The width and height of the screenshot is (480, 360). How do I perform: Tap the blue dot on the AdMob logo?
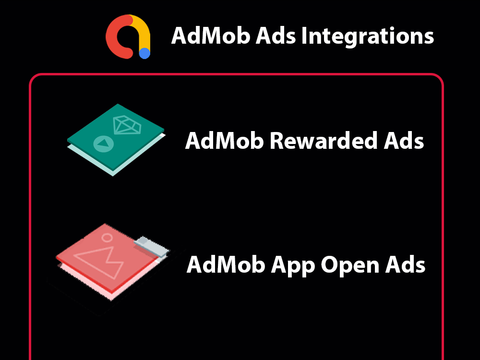(x=144, y=53)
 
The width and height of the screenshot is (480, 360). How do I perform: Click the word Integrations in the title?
(x=367, y=36)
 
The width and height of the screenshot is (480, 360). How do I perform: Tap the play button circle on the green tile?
(x=101, y=143)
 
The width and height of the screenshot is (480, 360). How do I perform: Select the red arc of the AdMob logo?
(x=115, y=38)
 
